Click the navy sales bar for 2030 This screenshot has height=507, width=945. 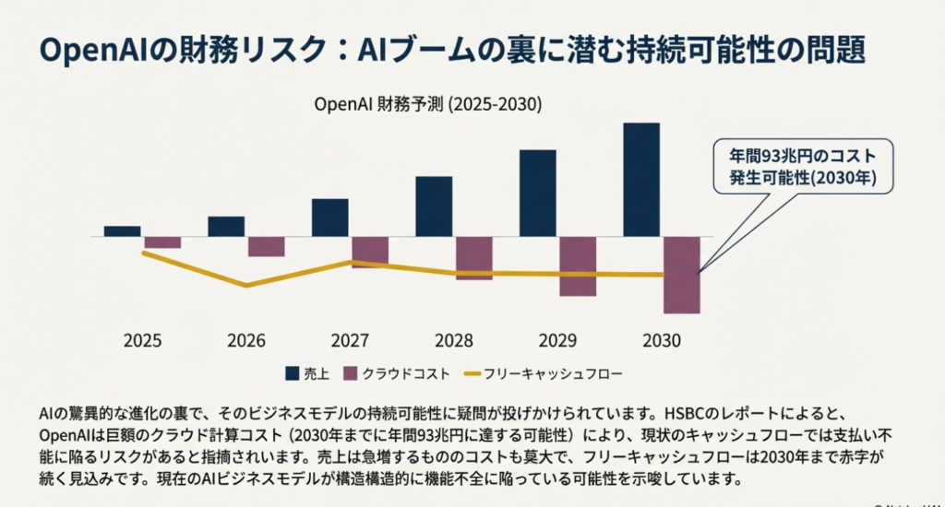click(641, 180)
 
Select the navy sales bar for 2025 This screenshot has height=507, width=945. click(122, 231)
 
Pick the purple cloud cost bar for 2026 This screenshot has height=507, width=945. click(266, 246)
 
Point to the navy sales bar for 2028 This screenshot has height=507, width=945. click(434, 206)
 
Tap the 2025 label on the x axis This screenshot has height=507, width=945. click(142, 340)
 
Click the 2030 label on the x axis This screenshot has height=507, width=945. click(661, 340)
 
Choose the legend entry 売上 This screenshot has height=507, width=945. click(307, 373)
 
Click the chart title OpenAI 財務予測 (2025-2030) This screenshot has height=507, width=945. click(428, 104)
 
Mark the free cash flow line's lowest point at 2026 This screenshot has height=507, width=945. click(246, 286)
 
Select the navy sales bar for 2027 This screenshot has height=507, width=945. click(329, 218)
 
